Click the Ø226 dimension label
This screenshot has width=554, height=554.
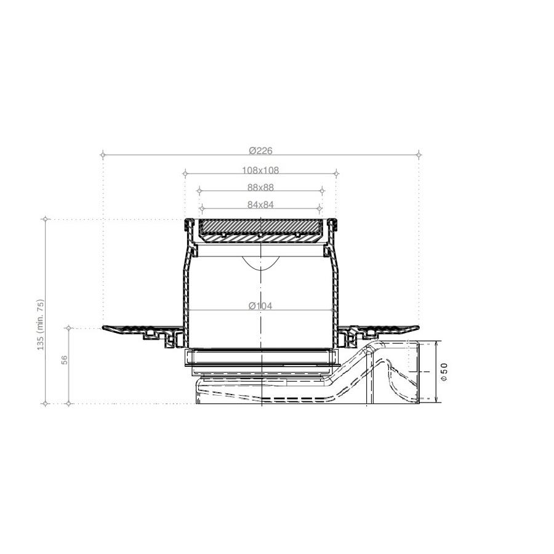(x=261, y=151)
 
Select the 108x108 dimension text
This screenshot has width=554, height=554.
(x=260, y=171)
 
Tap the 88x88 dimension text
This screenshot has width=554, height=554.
(x=260, y=188)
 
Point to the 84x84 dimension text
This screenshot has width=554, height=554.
(x=260, y=204)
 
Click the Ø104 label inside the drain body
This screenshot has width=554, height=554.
(x=260, y=305)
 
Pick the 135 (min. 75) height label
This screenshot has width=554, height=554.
(x=41, y=324)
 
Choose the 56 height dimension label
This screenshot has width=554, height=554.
(x=64, y=360)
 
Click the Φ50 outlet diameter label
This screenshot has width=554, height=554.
(x=444, y=372)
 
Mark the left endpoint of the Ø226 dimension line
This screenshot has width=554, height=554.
(x=103, y=155)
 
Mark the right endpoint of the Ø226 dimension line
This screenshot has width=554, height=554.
(x=419, y=155)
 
